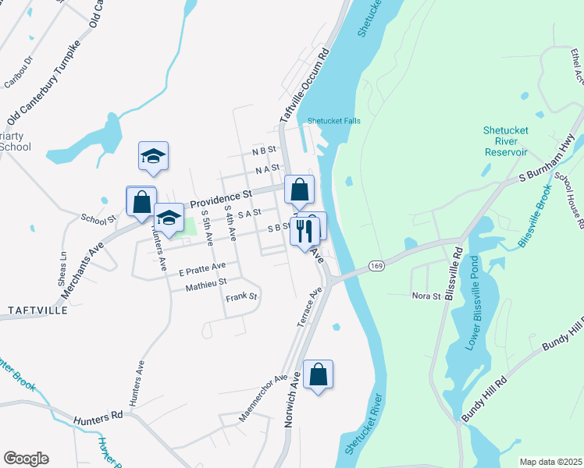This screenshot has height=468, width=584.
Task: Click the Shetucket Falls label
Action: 333,121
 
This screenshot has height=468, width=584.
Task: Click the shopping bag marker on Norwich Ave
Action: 319,375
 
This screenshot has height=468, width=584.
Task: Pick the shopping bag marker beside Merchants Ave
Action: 141,203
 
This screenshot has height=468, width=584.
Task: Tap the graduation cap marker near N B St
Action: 154,157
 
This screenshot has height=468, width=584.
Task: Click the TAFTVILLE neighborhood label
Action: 37,310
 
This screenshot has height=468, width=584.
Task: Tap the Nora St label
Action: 427,296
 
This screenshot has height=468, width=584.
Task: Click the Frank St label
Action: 241,297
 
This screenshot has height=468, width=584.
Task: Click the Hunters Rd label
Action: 99,419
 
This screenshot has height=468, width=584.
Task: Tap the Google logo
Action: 26,459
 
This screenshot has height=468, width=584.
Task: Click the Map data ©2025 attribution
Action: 550,462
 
